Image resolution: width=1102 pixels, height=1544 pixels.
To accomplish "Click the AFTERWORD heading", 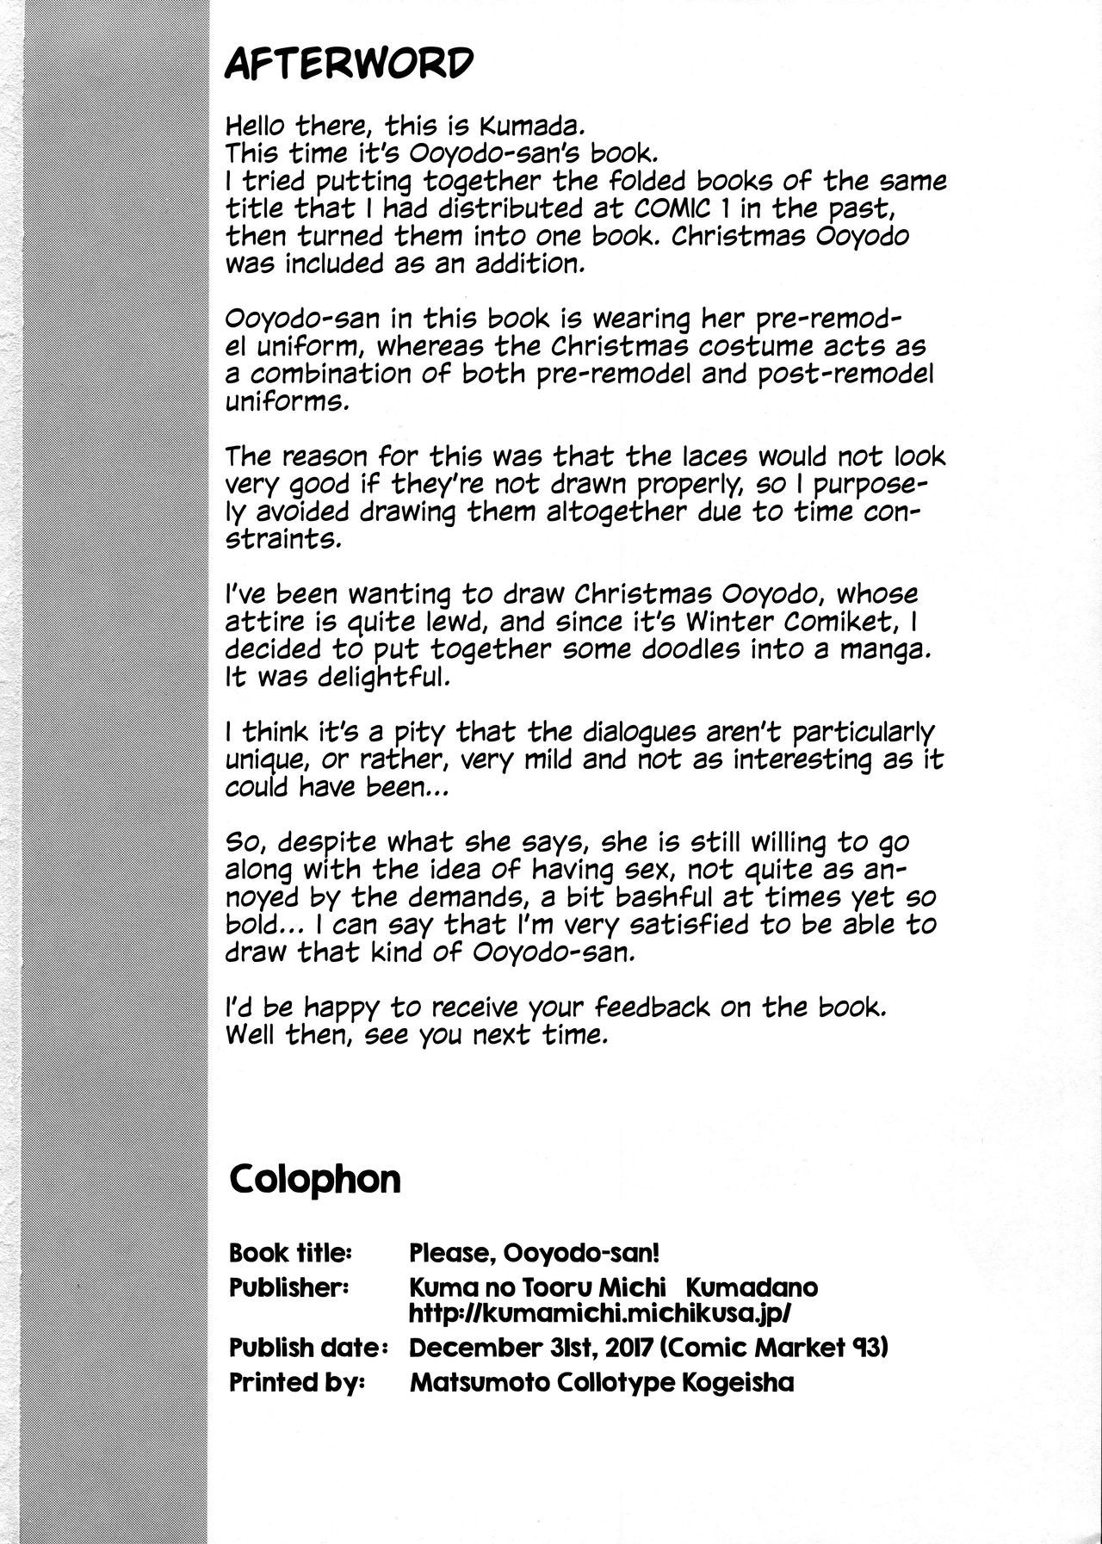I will [x=349, y=63].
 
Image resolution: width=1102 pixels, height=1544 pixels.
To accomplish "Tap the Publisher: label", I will [x=288, y=1287].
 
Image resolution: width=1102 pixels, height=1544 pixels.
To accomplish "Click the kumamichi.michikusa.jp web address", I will [x=600, y=1313].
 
